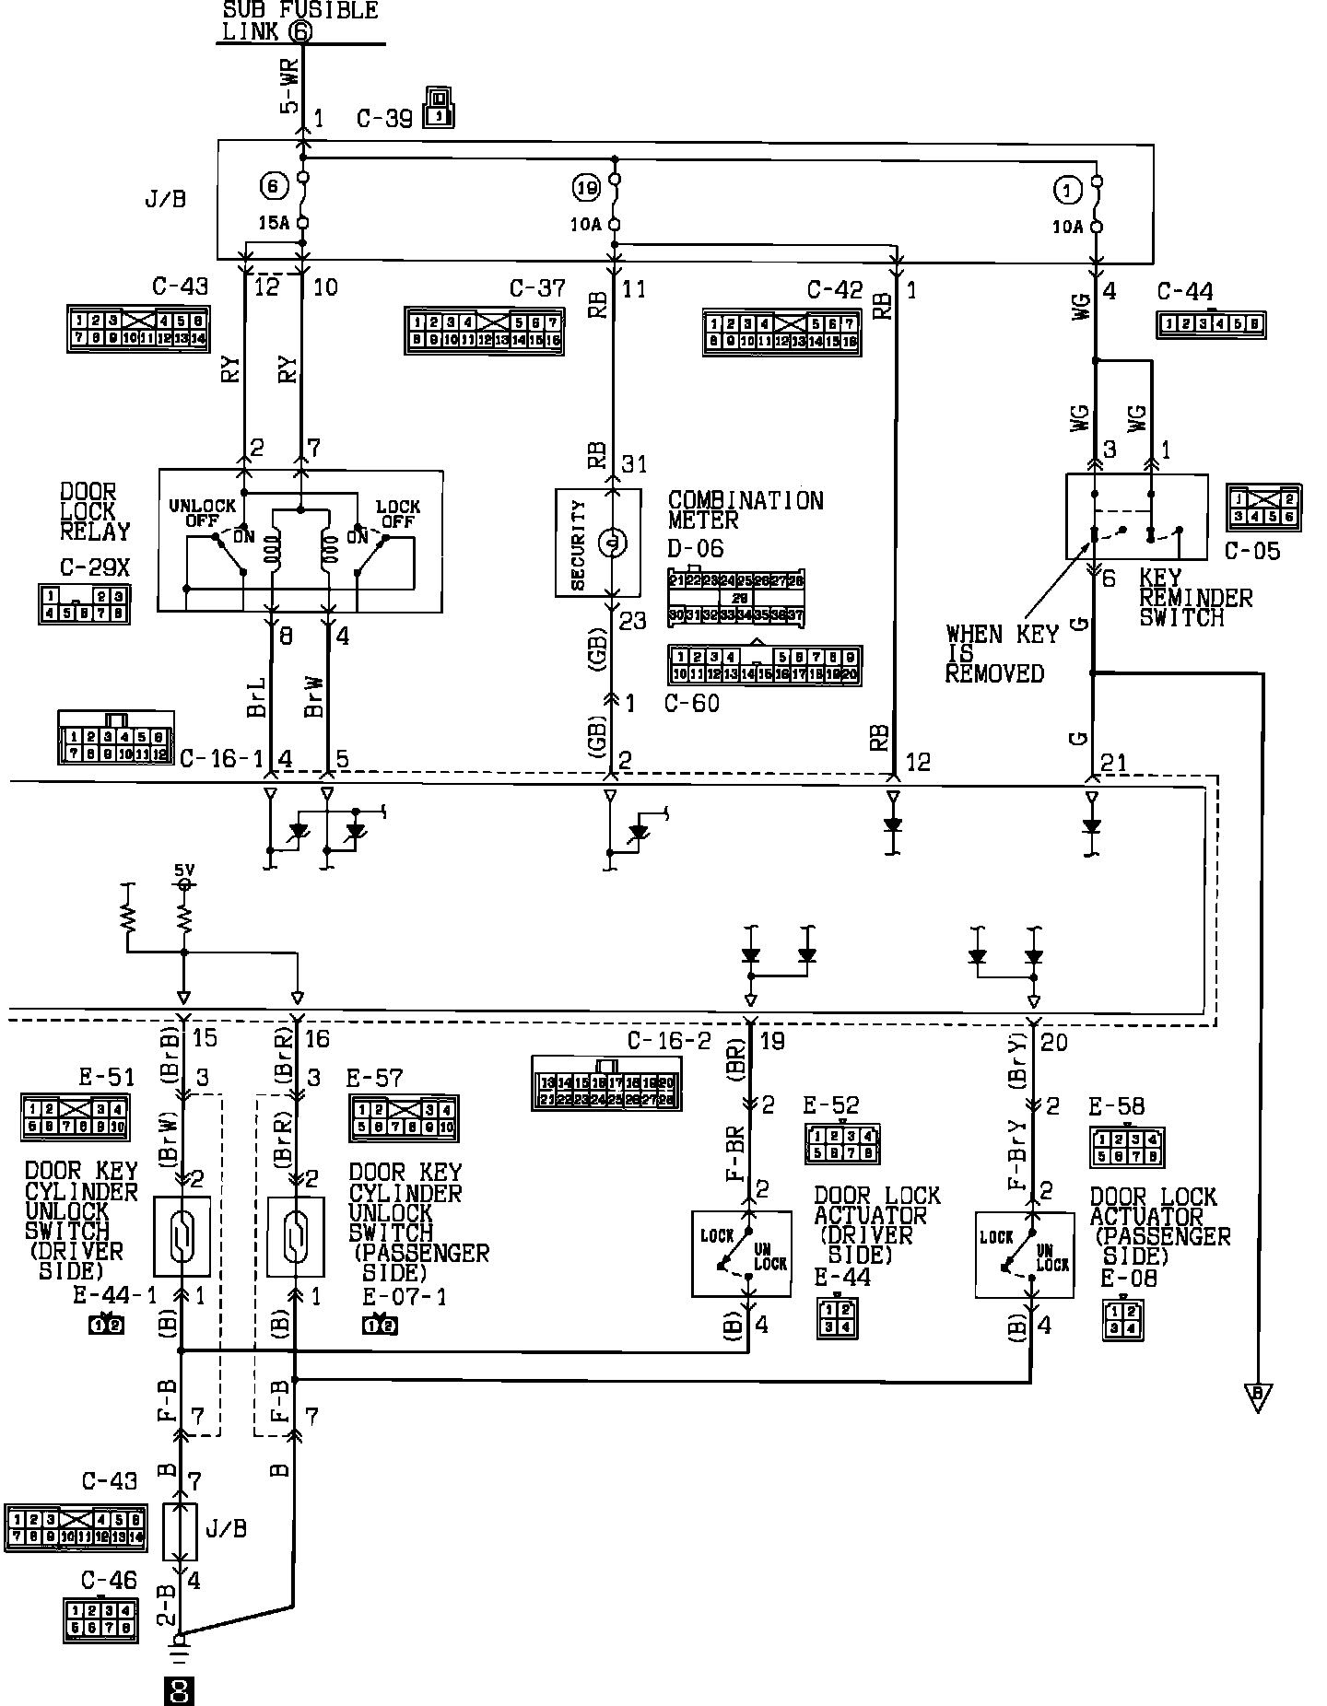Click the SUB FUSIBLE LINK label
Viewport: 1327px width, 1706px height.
coord(299,20)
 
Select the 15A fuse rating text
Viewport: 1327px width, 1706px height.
coord(273,223)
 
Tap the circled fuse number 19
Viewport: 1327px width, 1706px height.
coord(586,189)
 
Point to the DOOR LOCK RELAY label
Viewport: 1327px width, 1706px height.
coord(95,512)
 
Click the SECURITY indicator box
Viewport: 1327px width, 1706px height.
coord(597,543)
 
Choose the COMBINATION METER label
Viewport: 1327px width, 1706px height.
coord(745,510)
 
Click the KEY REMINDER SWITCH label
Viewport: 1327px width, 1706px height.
coord(1195,598)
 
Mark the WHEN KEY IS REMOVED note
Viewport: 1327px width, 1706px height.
coord(1001,654)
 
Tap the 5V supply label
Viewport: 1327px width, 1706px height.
coord(184,869)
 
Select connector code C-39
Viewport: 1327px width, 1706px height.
coord(384,119)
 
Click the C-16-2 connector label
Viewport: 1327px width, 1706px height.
coord(669,1041)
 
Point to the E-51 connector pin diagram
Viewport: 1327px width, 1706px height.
coord(75,1117)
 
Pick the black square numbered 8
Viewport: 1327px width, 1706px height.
coord(179,1690)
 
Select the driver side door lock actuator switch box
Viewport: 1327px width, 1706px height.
coord(741,1254)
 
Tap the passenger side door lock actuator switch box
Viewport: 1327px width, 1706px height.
coord(1024,1255)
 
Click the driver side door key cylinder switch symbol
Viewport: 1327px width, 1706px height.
coord(182,1236)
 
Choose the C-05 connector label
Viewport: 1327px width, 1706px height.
coord(1252,551)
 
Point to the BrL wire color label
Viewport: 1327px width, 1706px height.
coord(259,697)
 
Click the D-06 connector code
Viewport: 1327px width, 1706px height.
coord(696,549)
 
